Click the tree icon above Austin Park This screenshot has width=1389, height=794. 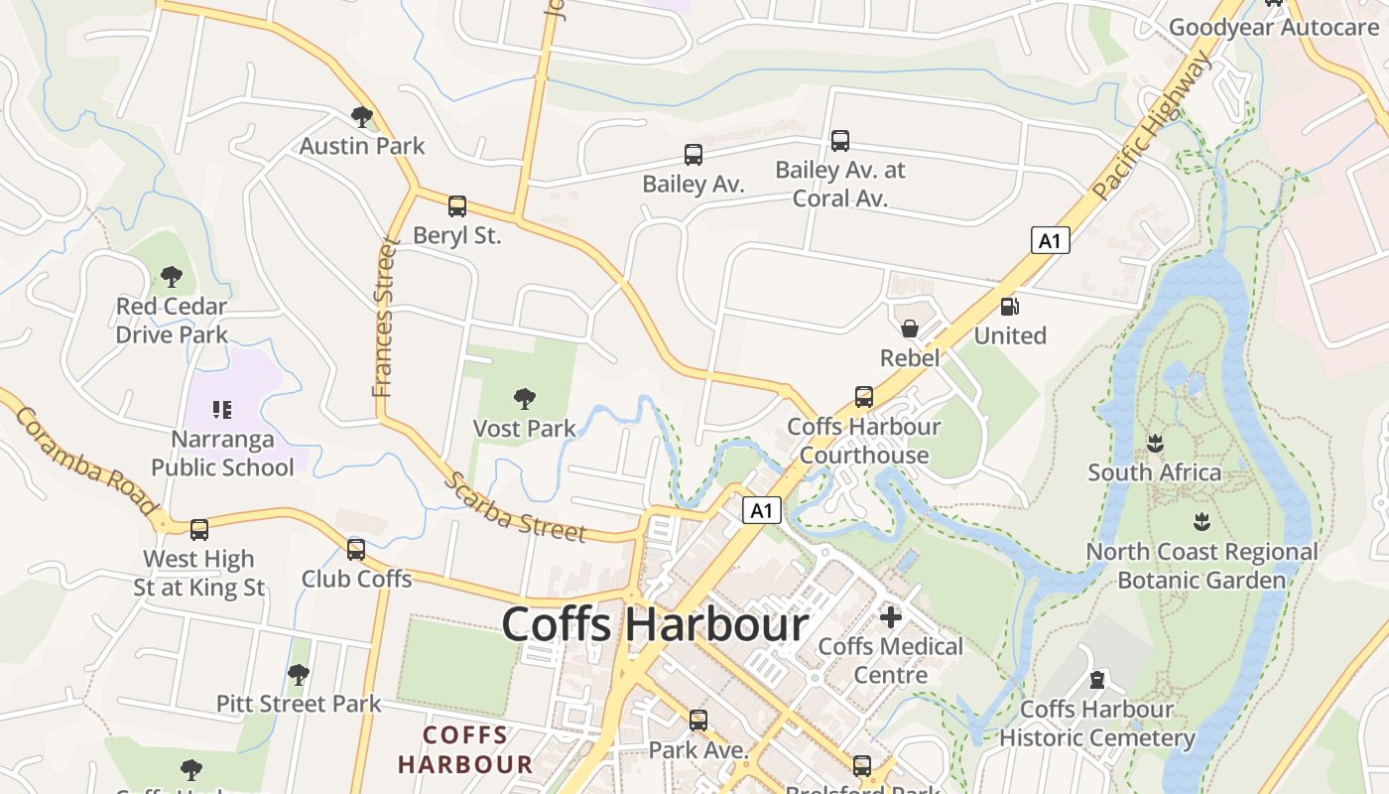coord(362,117)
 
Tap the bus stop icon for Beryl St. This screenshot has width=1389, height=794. coord(456,206)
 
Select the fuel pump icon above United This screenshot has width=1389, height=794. coord(1009,307)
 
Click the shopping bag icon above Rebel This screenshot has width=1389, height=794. coord(909,329)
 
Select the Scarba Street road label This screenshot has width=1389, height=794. coord(514,507)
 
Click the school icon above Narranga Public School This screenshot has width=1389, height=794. coord(221,409)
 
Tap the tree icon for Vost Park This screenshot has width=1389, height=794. coord(524,399)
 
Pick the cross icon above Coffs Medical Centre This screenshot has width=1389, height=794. coord(890,617)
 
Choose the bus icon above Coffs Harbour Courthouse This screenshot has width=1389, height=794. coord(864,397)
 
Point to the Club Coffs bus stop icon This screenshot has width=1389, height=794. coord(356,549)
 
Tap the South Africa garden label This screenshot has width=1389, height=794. coord(1154,472)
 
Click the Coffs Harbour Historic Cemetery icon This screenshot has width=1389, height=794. coord(1096,680)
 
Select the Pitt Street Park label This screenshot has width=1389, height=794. coord(299,704)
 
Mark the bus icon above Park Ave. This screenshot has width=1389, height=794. coord(698,720)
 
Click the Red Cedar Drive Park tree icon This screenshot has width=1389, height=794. coord(172,276)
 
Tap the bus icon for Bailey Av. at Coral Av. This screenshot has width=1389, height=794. coord(840,141)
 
